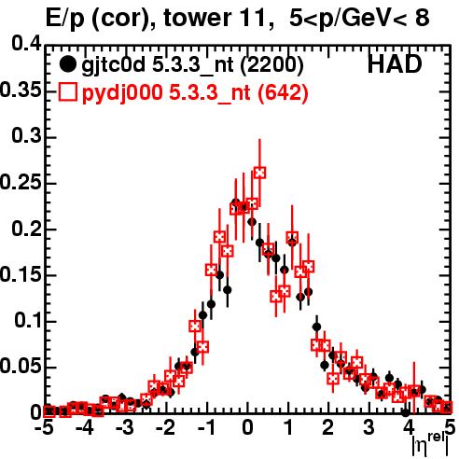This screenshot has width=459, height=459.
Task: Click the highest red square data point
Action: tap(259, 173)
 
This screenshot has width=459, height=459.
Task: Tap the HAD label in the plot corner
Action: tap(395, 64)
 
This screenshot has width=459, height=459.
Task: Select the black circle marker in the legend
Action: tap(67, 64)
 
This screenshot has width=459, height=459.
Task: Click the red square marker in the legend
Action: tap(67, 92)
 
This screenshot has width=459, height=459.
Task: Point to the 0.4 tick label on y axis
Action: tap(27, 44)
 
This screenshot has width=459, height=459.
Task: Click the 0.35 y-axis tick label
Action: tap(21, 90)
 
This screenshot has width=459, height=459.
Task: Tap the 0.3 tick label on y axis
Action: tap(27, 136)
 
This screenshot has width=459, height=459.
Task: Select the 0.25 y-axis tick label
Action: tap(21, 182)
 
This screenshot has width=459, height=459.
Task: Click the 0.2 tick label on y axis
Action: tap(27, 229)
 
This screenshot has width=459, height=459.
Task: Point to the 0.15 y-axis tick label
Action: tap(21, 274)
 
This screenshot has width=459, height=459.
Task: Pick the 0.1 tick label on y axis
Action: tap(28, 321)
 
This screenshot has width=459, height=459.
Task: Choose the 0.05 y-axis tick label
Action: tap(21, 367)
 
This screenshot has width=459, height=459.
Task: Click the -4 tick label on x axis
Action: tap(84, 428)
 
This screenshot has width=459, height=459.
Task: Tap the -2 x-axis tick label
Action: tap(165, 428)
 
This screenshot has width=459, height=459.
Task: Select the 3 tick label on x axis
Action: tap(369, 428)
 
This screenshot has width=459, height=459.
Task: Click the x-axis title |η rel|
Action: tap(430, 446)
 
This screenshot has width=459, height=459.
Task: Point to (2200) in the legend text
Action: tap(271, 65)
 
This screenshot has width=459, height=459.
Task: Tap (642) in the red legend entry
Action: tap(283, 93)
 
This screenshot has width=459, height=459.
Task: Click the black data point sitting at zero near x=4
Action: tap(406, 412)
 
